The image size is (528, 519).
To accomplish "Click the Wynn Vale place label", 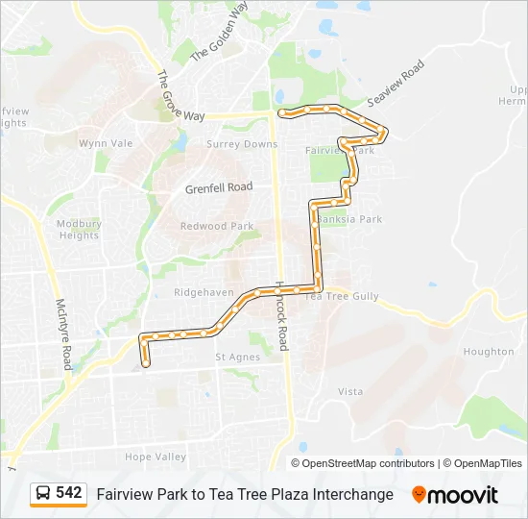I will [x=106, y=143].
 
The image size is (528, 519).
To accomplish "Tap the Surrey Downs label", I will [x=242, y=144].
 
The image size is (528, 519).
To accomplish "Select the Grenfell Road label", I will [x=218, y=187].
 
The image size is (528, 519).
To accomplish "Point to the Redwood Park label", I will [x=217, y=226].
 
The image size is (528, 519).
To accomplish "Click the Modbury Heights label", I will [x=79, y=229].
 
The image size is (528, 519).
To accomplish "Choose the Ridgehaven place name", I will [x=204, y=292].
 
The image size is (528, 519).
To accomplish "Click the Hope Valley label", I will [x=156, y=457].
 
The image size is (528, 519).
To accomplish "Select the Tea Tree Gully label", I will [x=342, y=297].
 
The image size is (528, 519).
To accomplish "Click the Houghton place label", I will [x=489, y=352].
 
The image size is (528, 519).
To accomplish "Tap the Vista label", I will [x=350, y=391].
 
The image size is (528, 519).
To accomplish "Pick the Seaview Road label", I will [x=396, y=84].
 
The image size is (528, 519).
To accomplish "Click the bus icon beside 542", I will [x=43, y=494].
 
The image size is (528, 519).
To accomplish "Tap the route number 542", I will [x=68, y=493].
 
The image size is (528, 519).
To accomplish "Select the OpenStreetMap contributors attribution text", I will [x=369, y=463].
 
